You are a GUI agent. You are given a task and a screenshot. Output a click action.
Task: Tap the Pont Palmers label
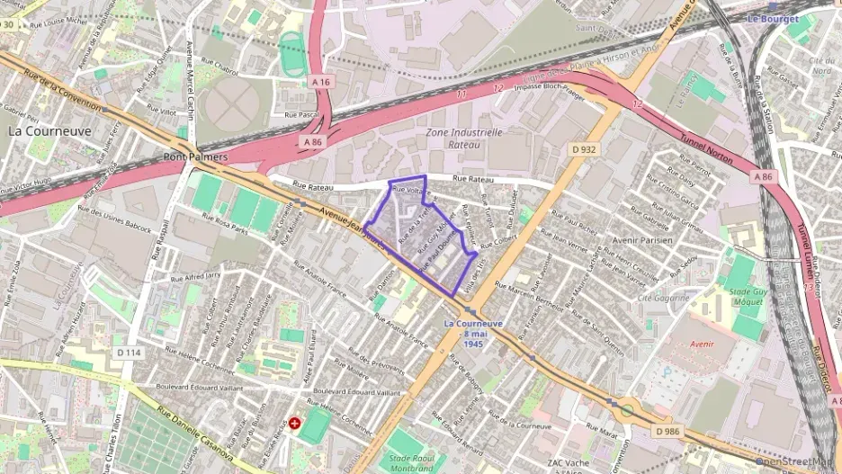pyautogui.click(x=195, y=157)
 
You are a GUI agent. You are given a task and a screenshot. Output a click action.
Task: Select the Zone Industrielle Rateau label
pyautogui.click(x=463, y=138)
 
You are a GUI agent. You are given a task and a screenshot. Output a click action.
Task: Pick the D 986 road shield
pyautogui.click(x=667, y=432)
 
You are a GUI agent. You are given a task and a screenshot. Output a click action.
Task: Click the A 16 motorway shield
pyautogui.click(x=320, y=82)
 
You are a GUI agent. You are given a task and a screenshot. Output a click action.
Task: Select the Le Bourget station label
pyautogui.click(x=773, y=18)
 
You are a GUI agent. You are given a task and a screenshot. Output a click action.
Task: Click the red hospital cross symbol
pyautogui.click(x=297, y=423)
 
